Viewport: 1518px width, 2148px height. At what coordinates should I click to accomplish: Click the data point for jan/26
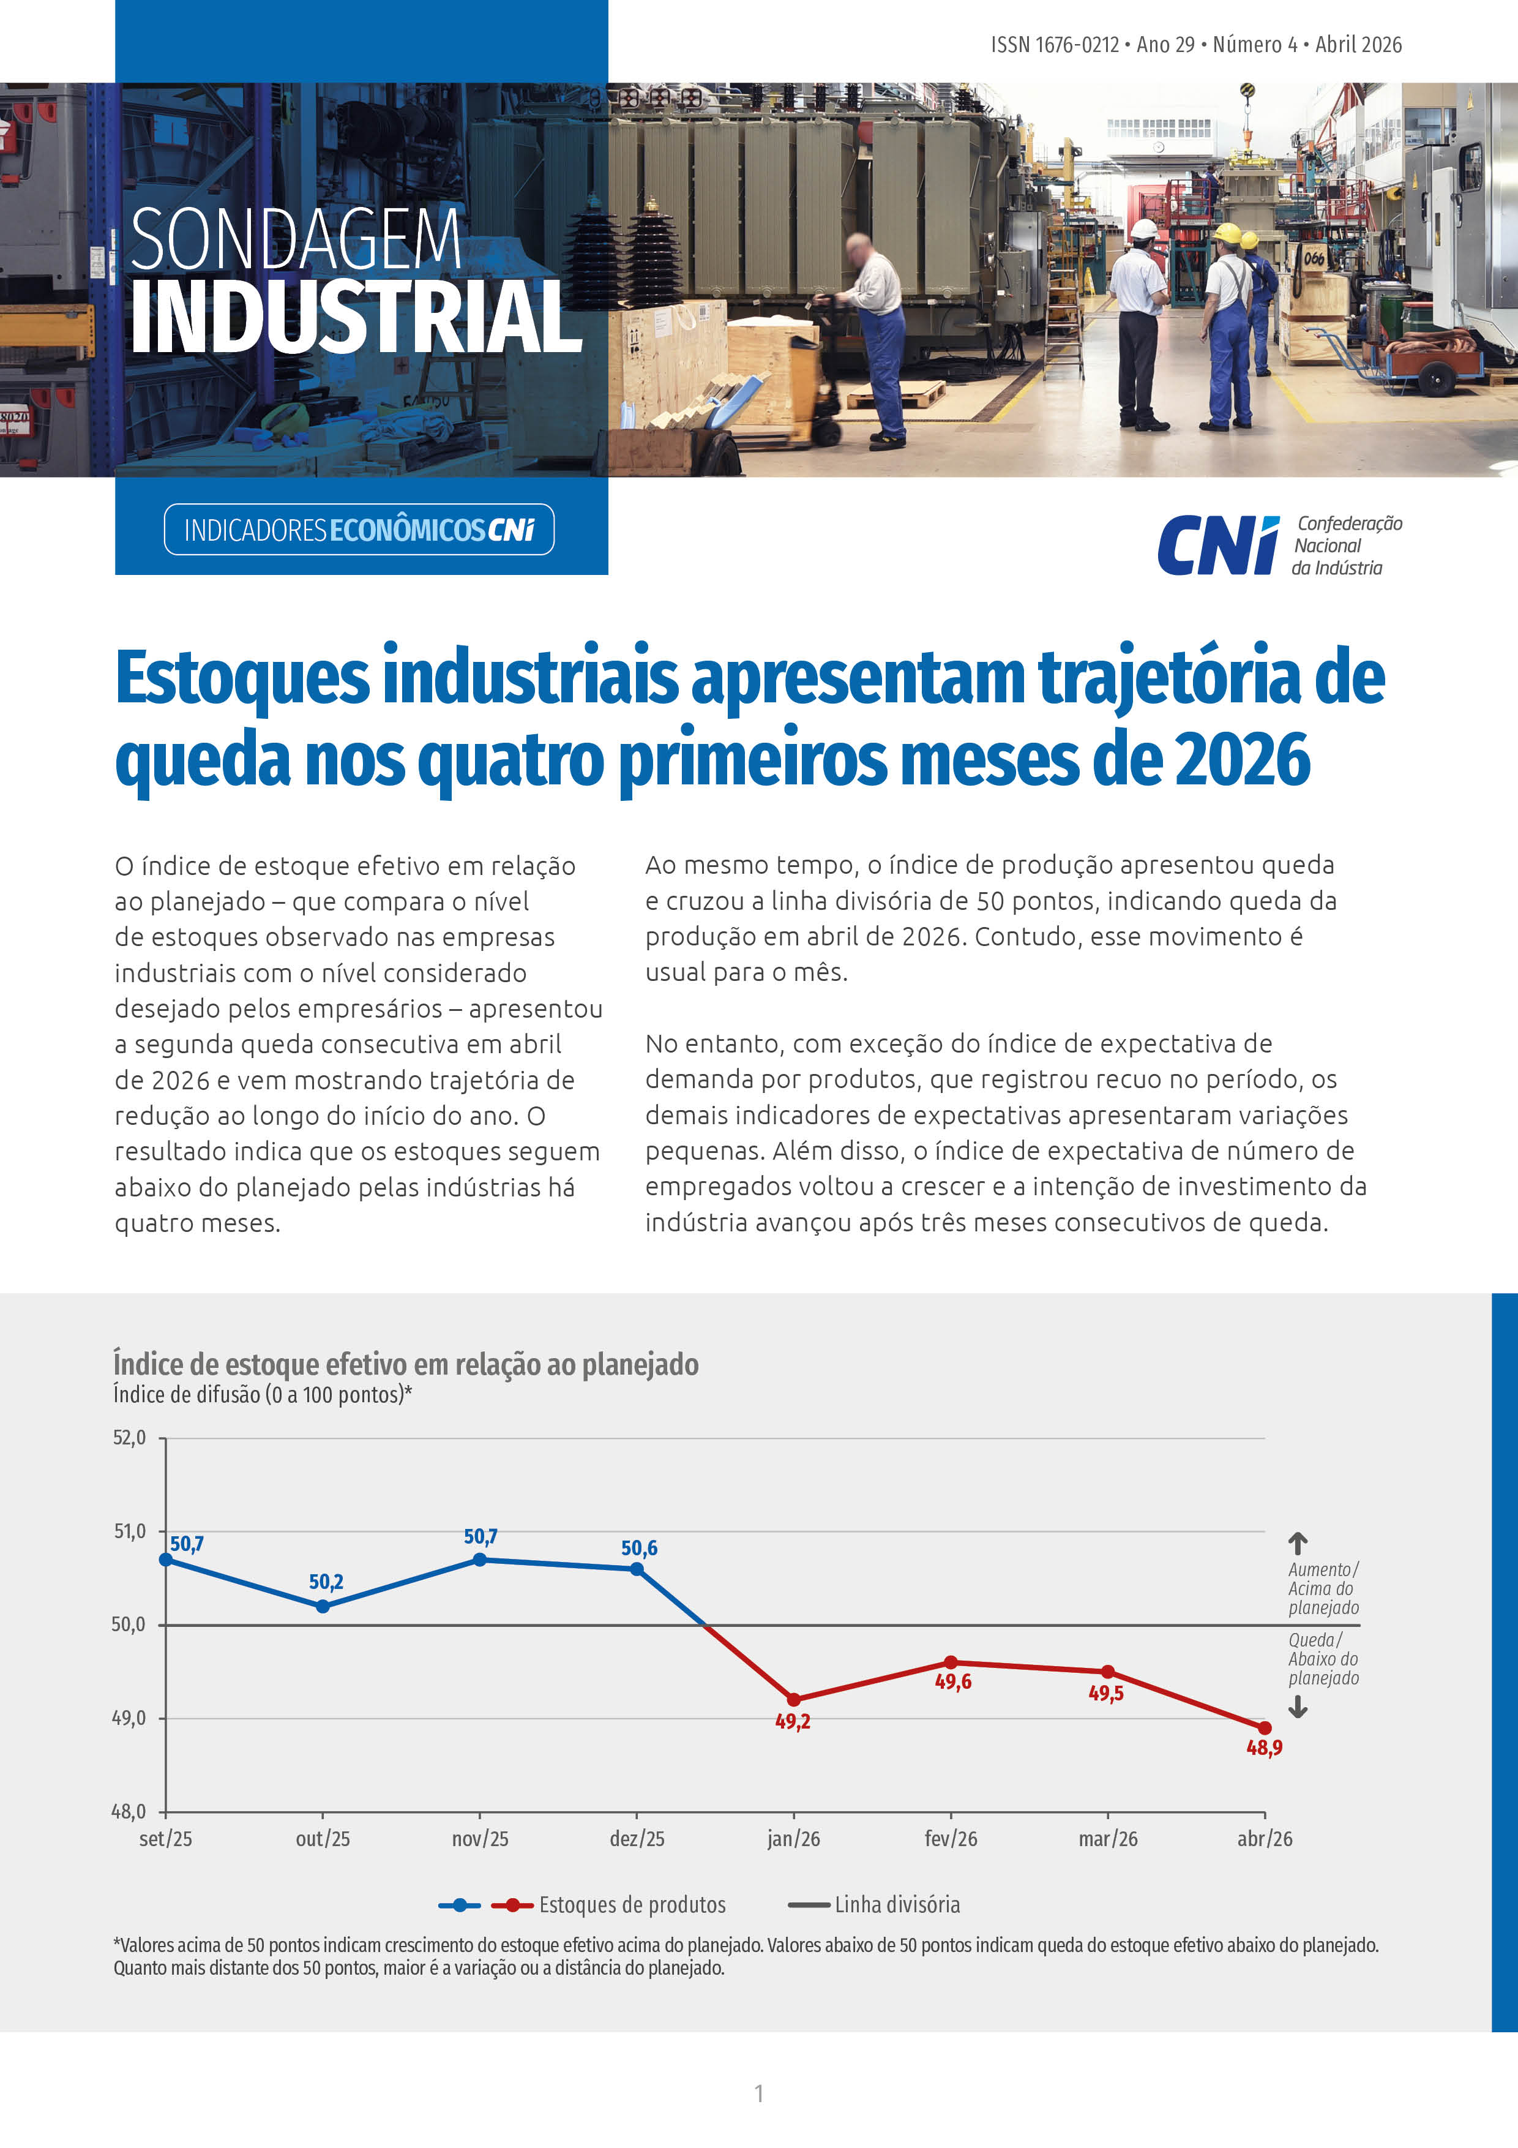[x=794, y=1699]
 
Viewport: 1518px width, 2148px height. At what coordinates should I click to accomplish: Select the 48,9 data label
[x=1263, y=1748]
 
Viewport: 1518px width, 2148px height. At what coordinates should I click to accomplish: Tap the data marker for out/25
[x=323, y=1606]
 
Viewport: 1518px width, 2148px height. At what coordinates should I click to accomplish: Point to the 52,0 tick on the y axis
[x=129, y=1438]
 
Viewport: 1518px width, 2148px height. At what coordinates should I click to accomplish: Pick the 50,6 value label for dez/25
[x=639, y=1549]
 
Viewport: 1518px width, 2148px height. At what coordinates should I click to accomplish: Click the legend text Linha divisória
[x=897, y=1905]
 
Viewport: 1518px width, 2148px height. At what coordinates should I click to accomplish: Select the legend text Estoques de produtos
[x=632, y=1905]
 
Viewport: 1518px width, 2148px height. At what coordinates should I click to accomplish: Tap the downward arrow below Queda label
[x=1297, y=1707]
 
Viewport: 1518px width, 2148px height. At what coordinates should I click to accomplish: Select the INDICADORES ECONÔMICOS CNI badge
[x=359, y=530]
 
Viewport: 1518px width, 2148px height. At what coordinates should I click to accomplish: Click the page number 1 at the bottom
[x=758, y=2093]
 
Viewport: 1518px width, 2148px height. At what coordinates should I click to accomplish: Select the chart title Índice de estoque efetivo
[x=406, y=1364]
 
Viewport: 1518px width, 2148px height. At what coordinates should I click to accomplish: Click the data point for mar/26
[x=1107, y=1671]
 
